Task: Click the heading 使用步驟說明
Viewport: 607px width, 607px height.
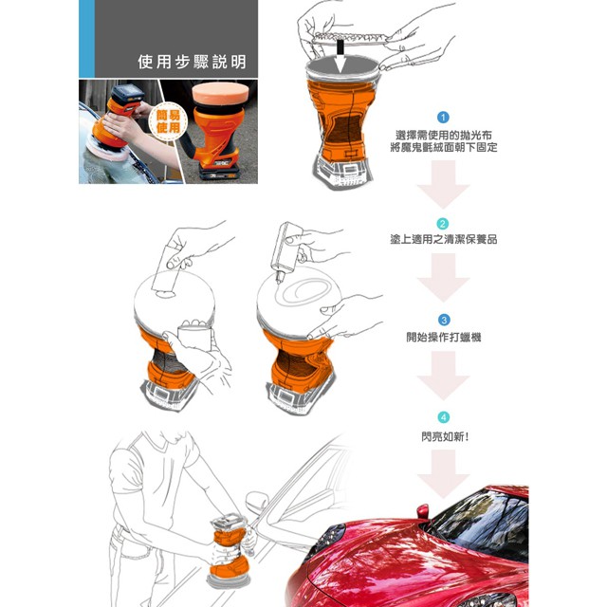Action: [192, 62]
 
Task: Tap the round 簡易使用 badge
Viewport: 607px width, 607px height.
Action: [169, 121]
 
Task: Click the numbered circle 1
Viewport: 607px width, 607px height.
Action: [443, 118]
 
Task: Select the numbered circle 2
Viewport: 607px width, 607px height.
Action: [443, 224]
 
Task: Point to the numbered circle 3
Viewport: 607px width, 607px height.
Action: [444, 321]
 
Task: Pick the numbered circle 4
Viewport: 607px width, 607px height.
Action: [444, 417]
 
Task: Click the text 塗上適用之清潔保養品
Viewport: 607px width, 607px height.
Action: [444, 239]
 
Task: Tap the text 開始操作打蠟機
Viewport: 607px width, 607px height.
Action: [444, 338]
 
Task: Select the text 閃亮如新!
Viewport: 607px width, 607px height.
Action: [445, 437]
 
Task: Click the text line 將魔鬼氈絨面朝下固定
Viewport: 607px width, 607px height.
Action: [444, 148]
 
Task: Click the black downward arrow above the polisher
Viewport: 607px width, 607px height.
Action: [340, 55]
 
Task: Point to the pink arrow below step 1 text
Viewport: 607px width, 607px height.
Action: [443, 185]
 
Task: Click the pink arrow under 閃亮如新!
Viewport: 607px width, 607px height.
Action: [443, 474]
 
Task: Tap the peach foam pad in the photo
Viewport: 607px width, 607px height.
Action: [220, 94]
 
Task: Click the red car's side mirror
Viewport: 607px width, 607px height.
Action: [422, 511]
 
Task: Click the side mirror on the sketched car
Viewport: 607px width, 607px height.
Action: [257, 502]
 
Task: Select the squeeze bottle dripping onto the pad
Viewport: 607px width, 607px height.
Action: [285, 248]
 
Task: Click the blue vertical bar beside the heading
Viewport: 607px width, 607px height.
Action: [86, 39]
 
